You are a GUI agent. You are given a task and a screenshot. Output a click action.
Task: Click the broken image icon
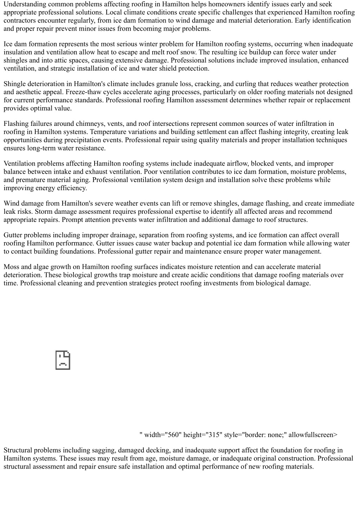(x=63, y=360)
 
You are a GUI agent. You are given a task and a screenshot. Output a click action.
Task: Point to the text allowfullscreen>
(x=313, y=435)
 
